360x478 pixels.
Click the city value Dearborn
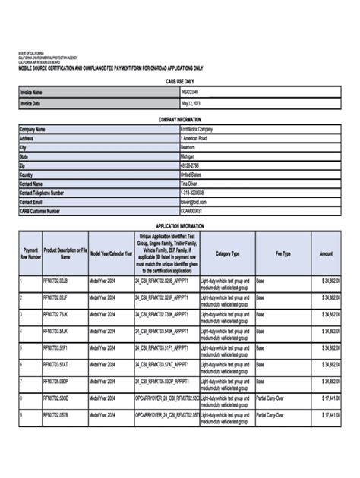tap(188, 148)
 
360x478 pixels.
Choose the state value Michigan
tap(188, 157)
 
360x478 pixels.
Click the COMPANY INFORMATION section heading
tap(180, 120)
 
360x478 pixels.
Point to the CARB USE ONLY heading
tap(180, 80)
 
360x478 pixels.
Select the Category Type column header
tap(226, 253)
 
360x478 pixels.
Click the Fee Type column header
tap(283, 253)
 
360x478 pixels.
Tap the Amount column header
tap(327, 253)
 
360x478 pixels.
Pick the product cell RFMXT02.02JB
tap(55, 281)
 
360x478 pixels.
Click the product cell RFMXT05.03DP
tap(55, 382)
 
